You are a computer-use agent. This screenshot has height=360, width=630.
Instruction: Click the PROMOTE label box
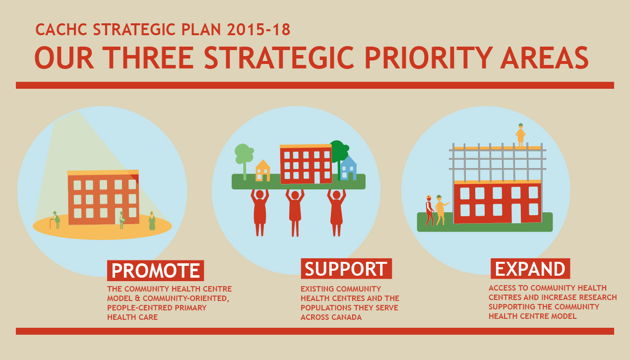click(155, 270)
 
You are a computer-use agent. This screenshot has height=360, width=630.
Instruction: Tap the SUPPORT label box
click(346, 269)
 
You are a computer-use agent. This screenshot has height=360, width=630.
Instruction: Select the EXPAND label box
click(530, 269)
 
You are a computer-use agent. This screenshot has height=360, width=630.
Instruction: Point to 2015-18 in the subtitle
click(258, 30)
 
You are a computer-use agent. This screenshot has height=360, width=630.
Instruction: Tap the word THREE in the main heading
click(148, 58)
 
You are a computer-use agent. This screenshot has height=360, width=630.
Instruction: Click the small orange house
click(263, 171)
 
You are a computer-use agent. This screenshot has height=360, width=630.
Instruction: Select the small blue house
click(348, 168)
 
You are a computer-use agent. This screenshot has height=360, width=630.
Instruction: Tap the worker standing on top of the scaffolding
click(520, 135)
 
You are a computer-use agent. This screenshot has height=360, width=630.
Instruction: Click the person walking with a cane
click(56, 220)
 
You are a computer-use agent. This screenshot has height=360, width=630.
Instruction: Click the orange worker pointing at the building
click(441, 210)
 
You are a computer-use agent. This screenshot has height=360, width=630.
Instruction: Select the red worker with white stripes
click(429, 210)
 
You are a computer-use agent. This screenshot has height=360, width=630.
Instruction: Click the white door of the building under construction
click(516, 213)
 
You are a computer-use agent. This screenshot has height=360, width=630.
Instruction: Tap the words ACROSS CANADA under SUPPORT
click(331, 317)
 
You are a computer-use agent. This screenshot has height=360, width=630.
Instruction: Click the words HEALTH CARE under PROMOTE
click(132, 317)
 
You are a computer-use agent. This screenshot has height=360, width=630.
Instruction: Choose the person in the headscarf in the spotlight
click(152, 221)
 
